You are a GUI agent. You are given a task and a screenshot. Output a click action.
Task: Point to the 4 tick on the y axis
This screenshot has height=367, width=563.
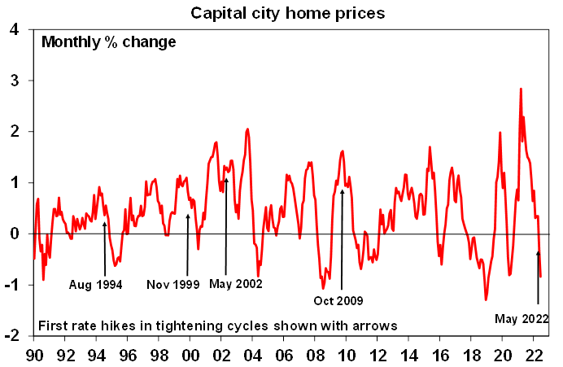pyautogui.click(x=14, y=30)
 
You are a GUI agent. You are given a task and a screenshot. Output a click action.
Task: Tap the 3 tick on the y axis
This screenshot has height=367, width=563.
pyautogui.click(x=14, y=81)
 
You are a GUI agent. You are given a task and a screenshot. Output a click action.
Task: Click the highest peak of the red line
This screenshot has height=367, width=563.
pyautogui.click(x=520, y=89)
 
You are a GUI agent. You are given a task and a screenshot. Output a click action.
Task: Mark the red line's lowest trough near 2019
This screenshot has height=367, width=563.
pyautogui.click(x=486, y=300)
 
